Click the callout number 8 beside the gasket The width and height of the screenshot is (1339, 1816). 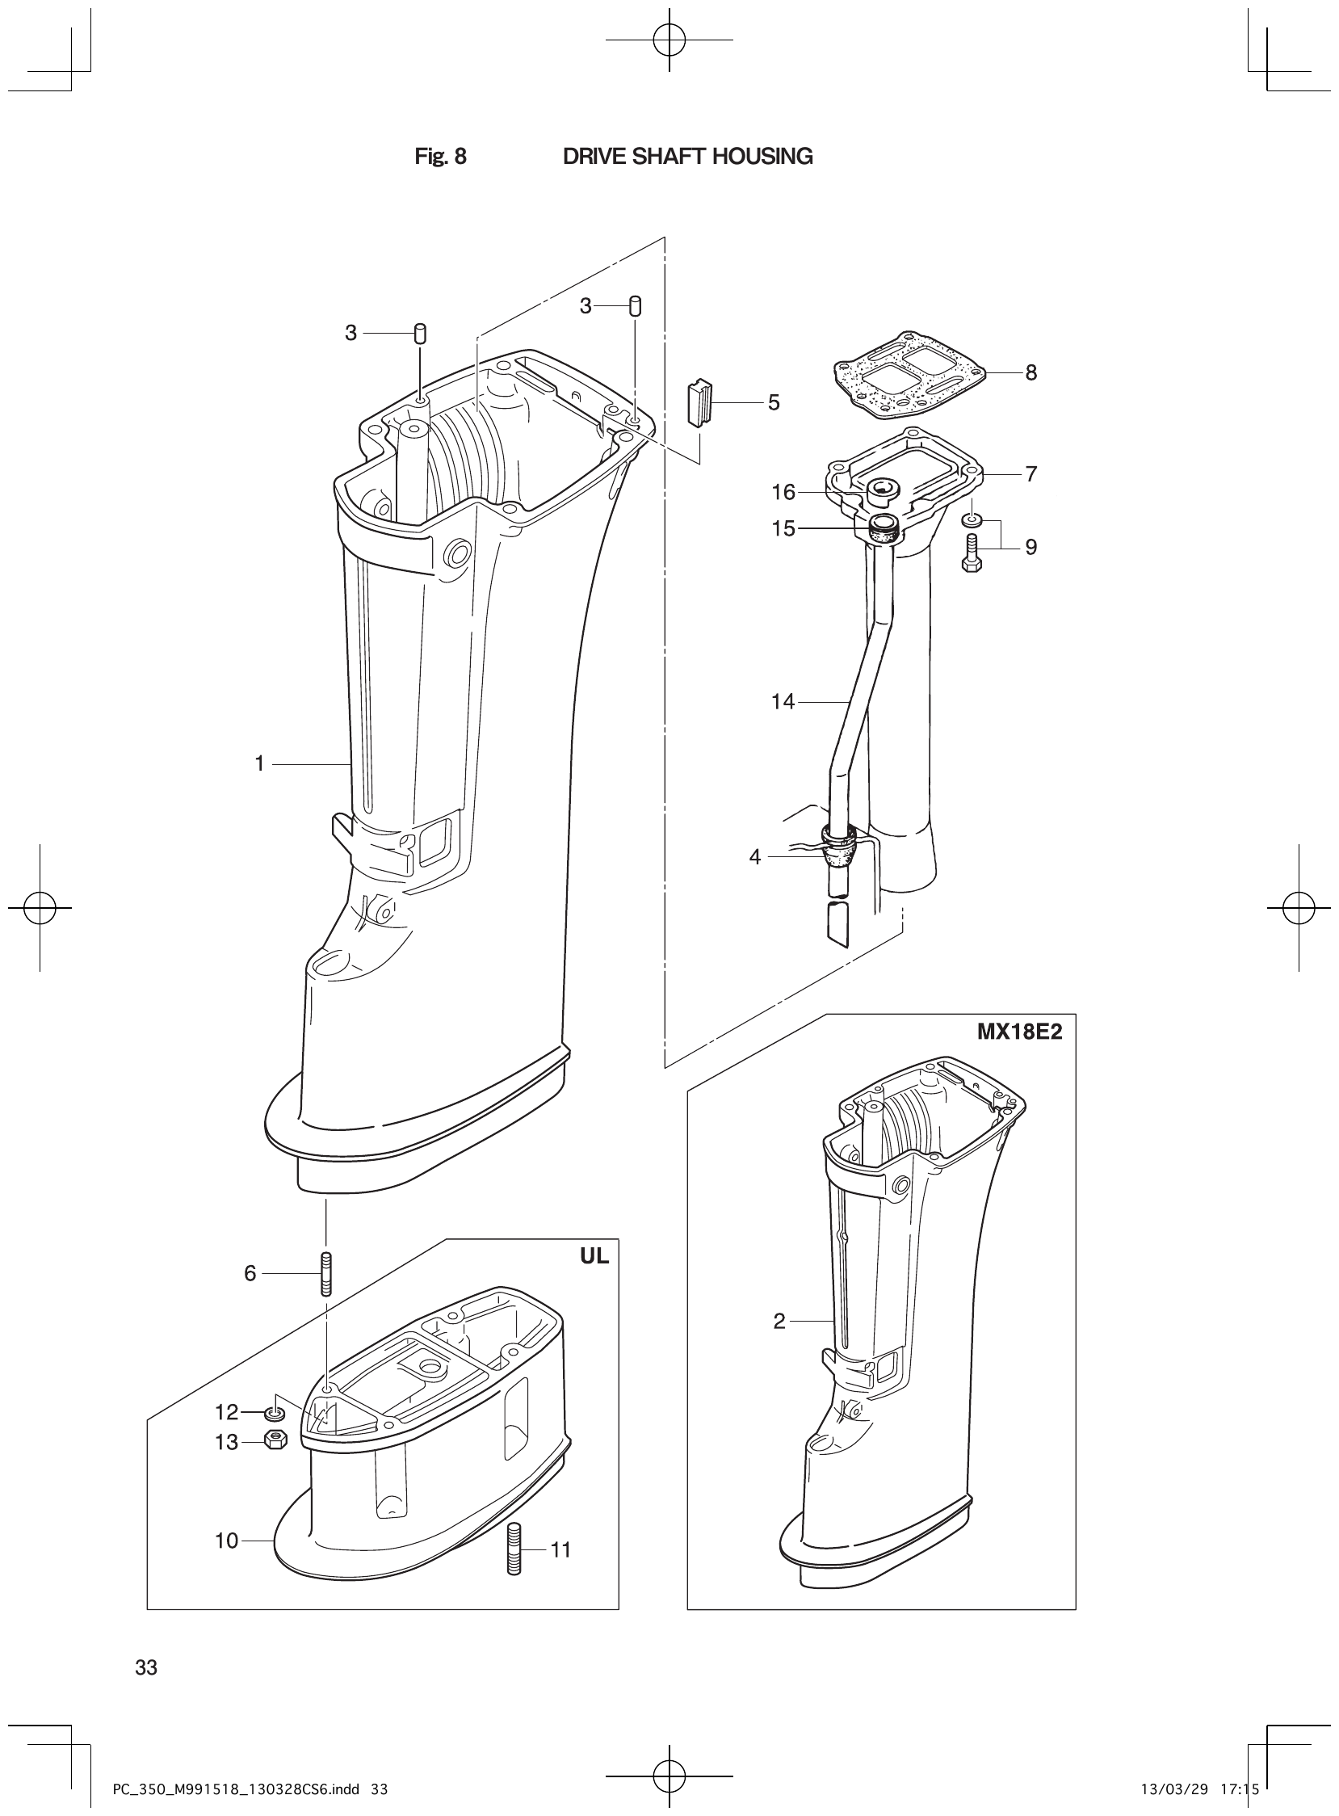click(1030, 373)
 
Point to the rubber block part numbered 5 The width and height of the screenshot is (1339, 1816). click(699, 404)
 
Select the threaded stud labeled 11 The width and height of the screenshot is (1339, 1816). click(514, 1549)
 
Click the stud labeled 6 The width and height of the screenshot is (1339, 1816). click(325, 1275)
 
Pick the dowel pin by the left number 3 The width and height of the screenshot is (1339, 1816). click(420, 333)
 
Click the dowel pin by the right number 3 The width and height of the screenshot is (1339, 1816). click(636, 305)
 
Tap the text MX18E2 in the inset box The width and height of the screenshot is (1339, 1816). click(1019, 1034)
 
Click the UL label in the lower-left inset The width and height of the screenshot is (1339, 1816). click(594, 1257)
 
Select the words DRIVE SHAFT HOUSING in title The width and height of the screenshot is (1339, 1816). click(687, 157)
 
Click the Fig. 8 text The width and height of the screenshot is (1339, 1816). click(440, 157)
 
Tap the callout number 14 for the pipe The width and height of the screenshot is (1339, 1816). click(783, 701)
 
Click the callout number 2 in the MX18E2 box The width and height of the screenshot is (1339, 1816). click(779, 1322)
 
